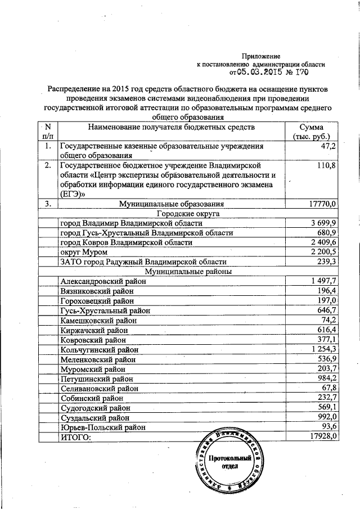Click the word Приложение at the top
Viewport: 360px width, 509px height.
coord(260,56)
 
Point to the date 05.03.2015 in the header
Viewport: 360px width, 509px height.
coord(260,73)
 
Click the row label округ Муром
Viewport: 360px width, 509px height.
coord(84,252)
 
